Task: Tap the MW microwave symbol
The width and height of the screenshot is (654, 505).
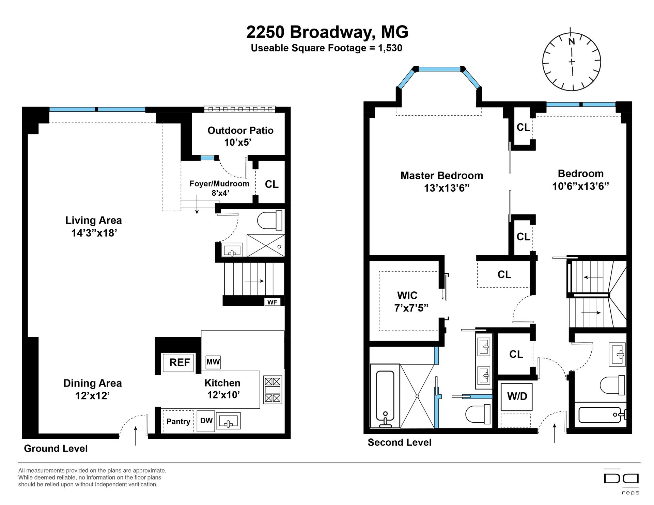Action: (213, 362)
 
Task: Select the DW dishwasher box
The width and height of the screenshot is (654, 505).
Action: (206, 421)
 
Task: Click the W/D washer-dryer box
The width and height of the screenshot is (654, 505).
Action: (517, 396)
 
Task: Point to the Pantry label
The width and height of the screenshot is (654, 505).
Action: (178, 422)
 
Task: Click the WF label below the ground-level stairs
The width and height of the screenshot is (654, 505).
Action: (272, 302)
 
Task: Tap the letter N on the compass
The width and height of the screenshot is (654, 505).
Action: (572, 42)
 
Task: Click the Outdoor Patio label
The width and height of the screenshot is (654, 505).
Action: (240, 130)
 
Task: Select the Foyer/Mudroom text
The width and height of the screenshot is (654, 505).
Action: (219, 184)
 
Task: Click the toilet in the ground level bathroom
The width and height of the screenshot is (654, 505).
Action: (270, 221)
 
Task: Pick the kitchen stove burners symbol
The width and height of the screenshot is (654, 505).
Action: (273, 390)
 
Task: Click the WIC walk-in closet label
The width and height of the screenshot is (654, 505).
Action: (407, 295)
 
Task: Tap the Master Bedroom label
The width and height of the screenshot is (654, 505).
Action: (442, 176)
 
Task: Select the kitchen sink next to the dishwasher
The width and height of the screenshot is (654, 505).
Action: (229, 421)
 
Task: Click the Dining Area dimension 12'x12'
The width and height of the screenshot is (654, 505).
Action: (92, 396)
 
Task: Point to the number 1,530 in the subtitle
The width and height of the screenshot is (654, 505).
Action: (390, 48)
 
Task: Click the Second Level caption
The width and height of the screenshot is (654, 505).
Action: (400, 442)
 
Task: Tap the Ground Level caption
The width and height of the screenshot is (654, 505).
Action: (56, 449)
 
